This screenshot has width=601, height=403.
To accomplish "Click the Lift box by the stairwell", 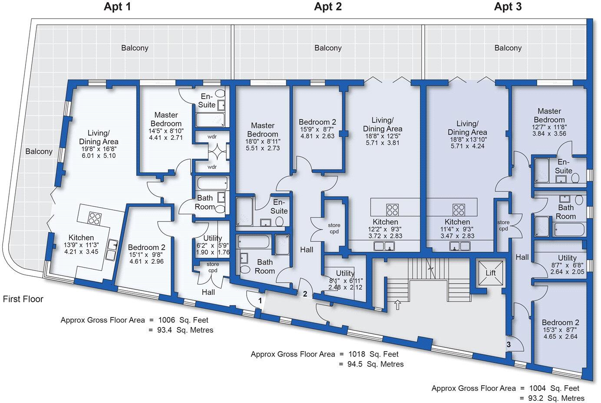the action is [x=491, y=273].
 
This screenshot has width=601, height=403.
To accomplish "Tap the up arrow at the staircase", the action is [x=397, y=305].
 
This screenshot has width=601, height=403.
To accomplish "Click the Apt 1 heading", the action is [x=118, y=7].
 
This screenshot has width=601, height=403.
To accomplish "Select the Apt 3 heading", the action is [x=508, y=7].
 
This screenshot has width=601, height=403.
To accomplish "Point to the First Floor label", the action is [x=23, y=299].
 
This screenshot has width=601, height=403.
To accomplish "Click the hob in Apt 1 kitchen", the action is [x=95, y=218].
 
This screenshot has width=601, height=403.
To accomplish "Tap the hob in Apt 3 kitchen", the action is [x=459, y=210].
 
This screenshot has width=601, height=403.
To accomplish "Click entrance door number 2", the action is [x=305, y=294].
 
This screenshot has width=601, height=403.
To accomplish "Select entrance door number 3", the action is [x=509, y=344].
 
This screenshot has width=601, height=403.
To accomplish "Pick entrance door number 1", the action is [x=260, y=301].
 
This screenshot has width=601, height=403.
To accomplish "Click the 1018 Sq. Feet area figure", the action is [x=373, y=354].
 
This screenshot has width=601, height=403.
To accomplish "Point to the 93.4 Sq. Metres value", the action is [x=185, y=330].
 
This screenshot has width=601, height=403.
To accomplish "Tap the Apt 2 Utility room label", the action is [x=345, y=273].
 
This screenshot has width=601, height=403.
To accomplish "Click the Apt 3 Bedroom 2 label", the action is [x=561, y=322].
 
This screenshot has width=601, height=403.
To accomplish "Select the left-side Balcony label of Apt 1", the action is [x=39, y=152].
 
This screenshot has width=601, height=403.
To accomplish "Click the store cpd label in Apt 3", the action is [x=503, y=225].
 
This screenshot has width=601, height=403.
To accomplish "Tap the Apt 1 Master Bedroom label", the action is [x=166, y=119].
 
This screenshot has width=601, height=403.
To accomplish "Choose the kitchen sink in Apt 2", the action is [x=384, y=246].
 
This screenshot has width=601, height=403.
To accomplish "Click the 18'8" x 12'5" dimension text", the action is [x=383, y=136].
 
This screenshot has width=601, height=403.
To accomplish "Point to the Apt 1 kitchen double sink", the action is [x=113, y=250].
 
